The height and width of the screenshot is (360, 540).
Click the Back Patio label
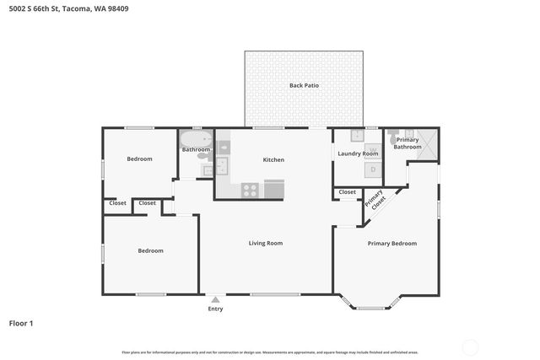[304, 85]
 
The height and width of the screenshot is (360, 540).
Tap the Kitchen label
[273, 159]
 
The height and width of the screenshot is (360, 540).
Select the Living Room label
[265, 244]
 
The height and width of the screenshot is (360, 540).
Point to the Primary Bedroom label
[391, 244]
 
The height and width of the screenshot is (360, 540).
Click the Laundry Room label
[358, 153]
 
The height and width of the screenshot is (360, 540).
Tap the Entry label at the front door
[216, 309]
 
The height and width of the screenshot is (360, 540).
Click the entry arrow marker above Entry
[216, 298]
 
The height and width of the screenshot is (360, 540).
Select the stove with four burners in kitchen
[250, 190]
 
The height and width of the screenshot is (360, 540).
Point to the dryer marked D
[373, 169]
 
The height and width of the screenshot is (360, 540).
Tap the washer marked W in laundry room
[373, 150]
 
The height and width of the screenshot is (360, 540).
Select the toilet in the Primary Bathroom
[394, 133]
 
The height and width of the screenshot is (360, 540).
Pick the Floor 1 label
[21, 323]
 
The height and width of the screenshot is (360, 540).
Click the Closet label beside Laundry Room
[347, 192]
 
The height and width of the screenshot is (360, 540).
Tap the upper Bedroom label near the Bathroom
[139, 159]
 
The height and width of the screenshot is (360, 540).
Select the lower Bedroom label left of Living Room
[150, 250]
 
